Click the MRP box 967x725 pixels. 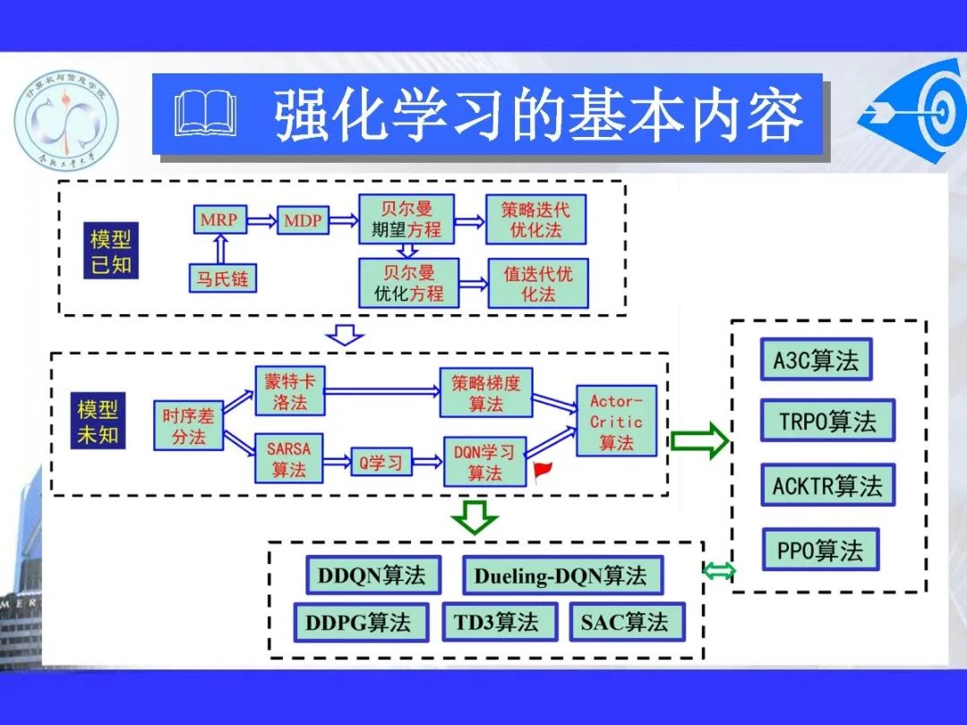(x=218, y=219)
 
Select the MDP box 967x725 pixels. (x=303, y=219)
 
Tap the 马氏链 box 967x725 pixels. (x=221, y=278)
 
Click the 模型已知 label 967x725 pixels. (x=110, y=252)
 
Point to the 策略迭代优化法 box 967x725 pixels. (x=535, y=219)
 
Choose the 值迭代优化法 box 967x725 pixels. (x=537, y=283)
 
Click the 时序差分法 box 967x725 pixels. (x=188, y=426)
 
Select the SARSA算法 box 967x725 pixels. (x=288, y=456)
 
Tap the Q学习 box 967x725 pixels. (x=381, y=463)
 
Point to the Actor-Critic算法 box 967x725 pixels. (x=616, y=421)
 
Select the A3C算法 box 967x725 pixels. (x=815, y=360)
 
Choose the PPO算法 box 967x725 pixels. (x=820, y=550)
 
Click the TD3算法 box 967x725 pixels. (x=496, y=622)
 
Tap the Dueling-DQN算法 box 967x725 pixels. (x=561, y=576)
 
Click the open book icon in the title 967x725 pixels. (x=206, y=115)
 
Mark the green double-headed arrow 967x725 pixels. (x=718, y=570)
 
